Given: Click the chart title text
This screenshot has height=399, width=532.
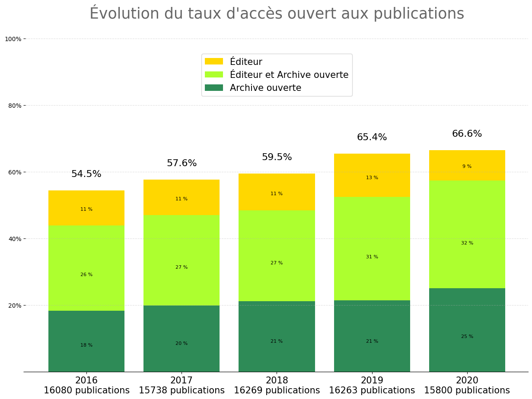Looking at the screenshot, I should coord(277,14).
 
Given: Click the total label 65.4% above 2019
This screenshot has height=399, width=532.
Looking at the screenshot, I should coord(372,138).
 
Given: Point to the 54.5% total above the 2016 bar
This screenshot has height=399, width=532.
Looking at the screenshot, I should coord(86,174).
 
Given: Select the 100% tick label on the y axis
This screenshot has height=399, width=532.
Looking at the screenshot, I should coord(13,39).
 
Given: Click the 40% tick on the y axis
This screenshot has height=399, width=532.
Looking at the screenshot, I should coord(15,239).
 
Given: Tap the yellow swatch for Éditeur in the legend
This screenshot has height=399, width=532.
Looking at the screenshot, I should coord(214,61).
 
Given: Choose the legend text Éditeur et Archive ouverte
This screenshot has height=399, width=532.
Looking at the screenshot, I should coord(289,75).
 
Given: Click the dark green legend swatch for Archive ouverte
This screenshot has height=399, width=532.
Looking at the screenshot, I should coord(214,88).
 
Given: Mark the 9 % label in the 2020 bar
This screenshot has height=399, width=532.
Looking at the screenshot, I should coord(467,167).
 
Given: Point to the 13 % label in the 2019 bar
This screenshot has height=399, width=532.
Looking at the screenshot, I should coord(372,178).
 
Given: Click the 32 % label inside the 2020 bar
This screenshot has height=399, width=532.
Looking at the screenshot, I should coord(467,243).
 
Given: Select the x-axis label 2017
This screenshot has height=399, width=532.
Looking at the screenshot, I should coord(182,381).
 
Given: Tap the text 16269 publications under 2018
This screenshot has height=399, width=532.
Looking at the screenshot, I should coord(277,391).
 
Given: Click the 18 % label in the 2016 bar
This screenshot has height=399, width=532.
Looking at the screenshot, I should coord(86,345).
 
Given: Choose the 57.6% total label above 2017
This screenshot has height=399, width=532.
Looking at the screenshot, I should coord(182,164).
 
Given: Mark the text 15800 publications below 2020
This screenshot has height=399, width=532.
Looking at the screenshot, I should coord(467,391).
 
